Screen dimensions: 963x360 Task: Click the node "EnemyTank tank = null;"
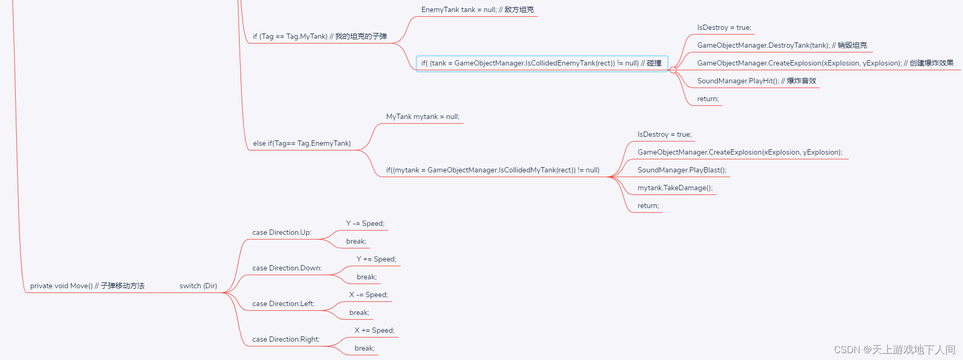[x=477, y=10]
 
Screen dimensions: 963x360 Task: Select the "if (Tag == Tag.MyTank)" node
[x=320, y=37]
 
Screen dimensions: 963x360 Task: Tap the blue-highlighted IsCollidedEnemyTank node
[x=541, y=63]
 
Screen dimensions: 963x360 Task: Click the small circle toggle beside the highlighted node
[x=673, y=70]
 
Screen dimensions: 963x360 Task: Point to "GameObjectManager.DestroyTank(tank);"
[x=782, y=46]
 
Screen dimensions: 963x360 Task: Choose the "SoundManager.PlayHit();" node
[x=756, y=81]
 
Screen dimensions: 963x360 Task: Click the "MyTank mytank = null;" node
[x=423, y=117]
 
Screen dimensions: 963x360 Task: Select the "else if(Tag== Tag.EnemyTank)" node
[x=302, y=144]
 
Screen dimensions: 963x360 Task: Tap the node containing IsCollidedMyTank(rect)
[x=493, y=170]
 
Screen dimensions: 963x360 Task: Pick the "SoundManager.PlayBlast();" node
[x=681, y=170]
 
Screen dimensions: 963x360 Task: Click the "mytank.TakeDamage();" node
[x=675, y=188]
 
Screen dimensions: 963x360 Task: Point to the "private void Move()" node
[x=87, y=286]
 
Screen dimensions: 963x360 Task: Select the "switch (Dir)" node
[x=198, y=286]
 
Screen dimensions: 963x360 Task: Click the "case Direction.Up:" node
[x=282, y=233]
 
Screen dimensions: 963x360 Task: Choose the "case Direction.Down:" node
[x=287, y=268]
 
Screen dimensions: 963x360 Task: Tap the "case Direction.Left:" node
[x=283, y=304]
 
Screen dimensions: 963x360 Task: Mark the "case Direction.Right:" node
[x=286, y=340]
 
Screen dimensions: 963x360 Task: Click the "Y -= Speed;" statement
[x=365, y=224]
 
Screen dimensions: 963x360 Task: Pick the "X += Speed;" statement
[x=374, y=331]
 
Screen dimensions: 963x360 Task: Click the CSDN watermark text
[x=894, y=350]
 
